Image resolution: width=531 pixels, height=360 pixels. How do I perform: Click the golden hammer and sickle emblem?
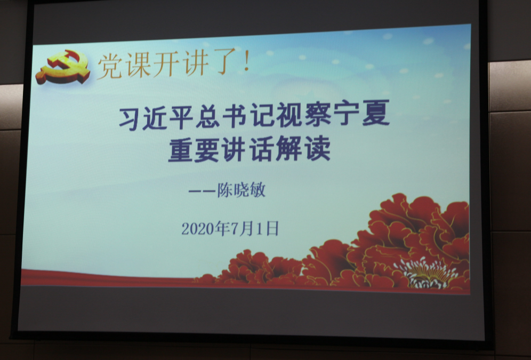tap(63, 67)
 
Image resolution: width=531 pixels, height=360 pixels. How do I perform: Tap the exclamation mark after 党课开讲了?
tap(246, 60)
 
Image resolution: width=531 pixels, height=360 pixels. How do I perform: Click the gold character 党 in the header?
tap(110, 66)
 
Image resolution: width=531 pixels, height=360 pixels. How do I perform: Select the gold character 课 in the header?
tap(138, 65)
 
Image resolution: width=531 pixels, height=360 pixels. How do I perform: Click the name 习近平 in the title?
tap(156, 118)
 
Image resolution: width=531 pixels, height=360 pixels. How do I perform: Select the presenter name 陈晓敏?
tap(241, 190)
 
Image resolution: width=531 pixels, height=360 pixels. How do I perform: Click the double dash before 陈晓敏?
tap(202, 191)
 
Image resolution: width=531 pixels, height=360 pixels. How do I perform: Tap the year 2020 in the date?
tap(199, 229)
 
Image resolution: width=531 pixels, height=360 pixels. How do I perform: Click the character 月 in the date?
tap(248, 228)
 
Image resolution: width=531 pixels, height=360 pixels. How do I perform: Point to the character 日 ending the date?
tap(272, 228)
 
